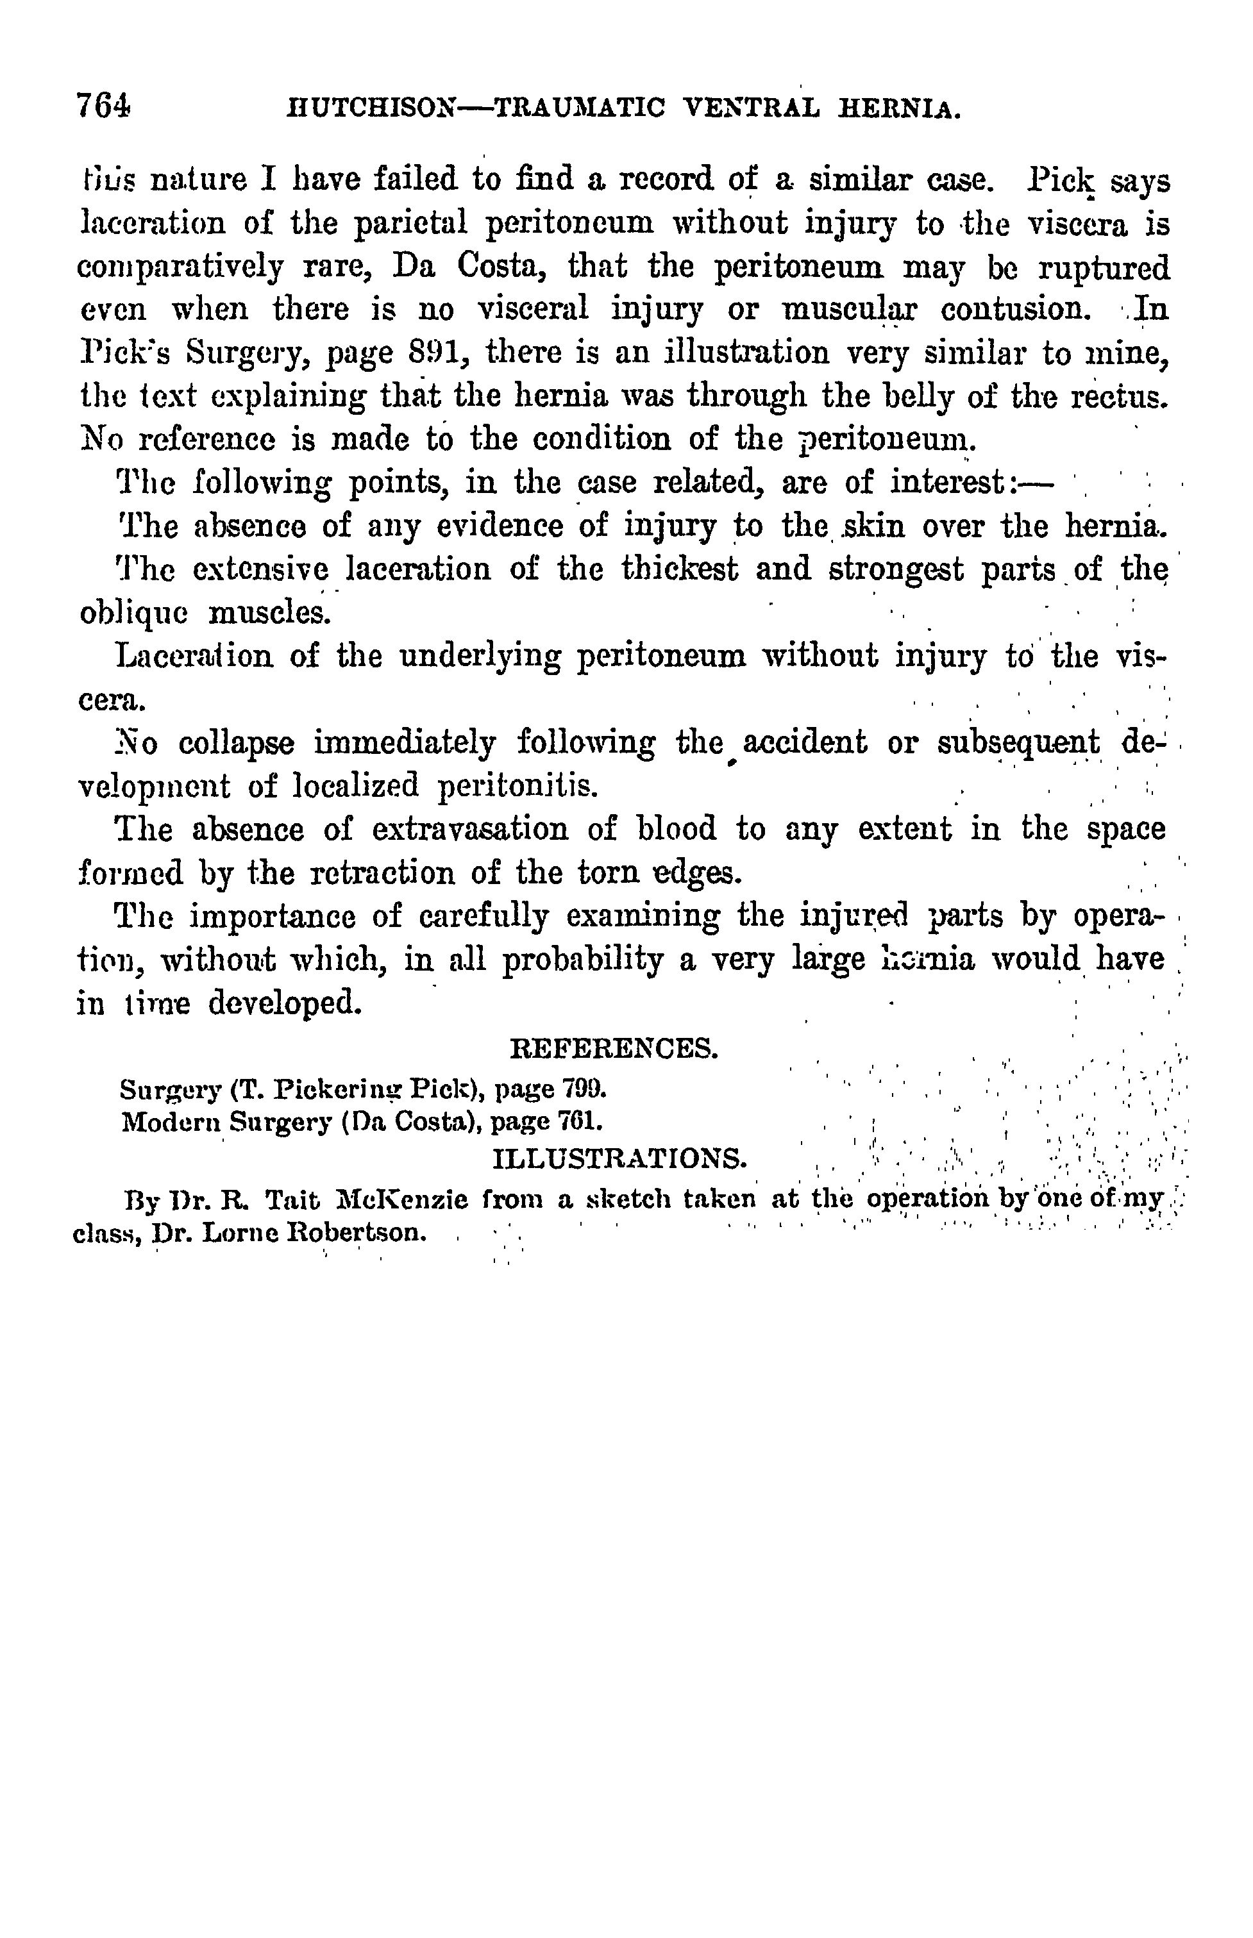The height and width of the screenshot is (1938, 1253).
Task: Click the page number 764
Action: click(103, 106)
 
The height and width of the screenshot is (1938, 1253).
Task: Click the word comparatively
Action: click(180, 267)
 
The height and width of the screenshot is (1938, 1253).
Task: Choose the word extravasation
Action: click(470, 830)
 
